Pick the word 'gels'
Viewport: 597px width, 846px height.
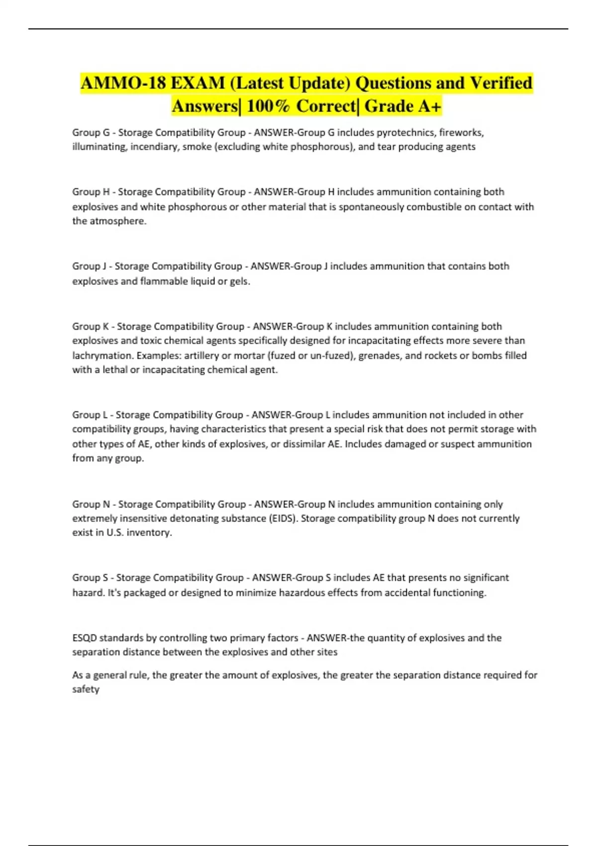[240, 281]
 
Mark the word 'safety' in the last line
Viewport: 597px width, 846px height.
[86, 690]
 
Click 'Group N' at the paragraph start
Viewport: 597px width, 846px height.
[91, 504]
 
